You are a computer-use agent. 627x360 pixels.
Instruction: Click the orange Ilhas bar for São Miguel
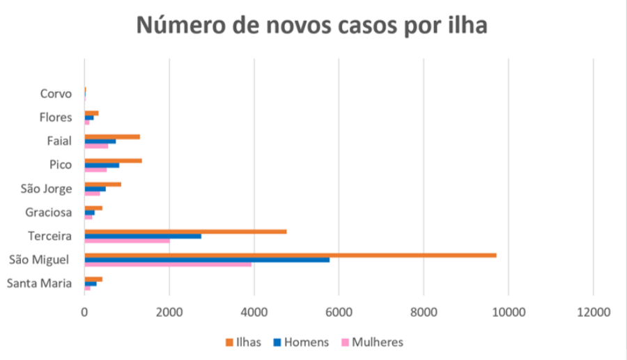(x=290, y=256)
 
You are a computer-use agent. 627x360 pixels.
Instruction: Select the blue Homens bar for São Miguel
(x=207, y=260)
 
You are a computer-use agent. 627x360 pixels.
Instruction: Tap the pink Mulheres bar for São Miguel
(x=168, y=265)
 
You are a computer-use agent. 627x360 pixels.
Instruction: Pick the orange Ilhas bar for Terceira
(x=185, y=232)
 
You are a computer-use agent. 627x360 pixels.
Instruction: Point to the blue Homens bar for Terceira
(x=143, y=236)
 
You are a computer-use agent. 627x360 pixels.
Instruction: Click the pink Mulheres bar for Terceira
(x=127, y=241)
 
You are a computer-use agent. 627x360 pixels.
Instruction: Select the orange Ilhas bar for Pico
(x=113, y=161)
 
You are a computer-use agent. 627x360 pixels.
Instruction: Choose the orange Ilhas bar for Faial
(x=112, y=136)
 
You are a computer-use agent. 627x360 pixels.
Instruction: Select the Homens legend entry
(x=300, y=342)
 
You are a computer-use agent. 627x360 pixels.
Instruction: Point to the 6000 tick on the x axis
(x=339, y=312)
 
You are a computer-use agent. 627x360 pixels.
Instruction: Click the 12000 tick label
(x=593, y=312)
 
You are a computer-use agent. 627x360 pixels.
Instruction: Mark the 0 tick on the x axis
(x=84, y=312)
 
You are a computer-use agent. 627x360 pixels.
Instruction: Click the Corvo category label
(x=56, y=94)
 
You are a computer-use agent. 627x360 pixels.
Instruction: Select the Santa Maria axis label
(x=40, y=283)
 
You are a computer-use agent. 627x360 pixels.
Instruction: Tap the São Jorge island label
(x=47, y=189)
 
